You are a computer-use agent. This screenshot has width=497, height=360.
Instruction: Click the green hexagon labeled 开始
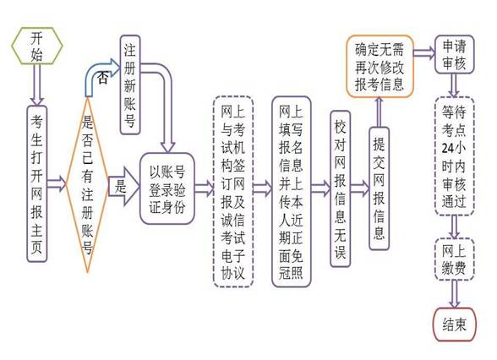pyautogui.click(x=37, y=46)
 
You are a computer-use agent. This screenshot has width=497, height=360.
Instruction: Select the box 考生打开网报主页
pyautogui.click(x=37, y=184)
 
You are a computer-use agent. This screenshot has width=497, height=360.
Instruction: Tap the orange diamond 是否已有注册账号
pyautogui.click(x=87, y=184)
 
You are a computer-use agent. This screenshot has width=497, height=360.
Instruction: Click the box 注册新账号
pyautogui.click(x=130, y=85)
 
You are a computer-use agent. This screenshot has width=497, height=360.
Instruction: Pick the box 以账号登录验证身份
pyautogui.click(x=167, y=189)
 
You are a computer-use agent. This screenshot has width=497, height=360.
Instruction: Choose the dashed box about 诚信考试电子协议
pyautogui.click(x=233, y=192)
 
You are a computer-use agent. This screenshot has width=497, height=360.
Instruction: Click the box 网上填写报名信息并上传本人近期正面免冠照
pyautogui.click(x=292, y=192)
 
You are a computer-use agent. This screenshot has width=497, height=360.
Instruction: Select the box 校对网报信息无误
pyautogui.click(x=340, y=189)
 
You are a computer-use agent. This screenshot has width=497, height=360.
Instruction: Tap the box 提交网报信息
pyautogui.click(x=379, y=189)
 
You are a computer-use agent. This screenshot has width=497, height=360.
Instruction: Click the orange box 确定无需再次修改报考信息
pyautogui.click(x=380, y=67)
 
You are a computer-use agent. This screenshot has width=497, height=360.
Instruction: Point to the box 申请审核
pyautogui.click(x=454, y=54)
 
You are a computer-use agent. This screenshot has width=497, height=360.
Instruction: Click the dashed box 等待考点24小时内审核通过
pyautogui.click(x=454, y=156)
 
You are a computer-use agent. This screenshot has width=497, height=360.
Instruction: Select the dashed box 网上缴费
pyautogui.click(x=454, y=259)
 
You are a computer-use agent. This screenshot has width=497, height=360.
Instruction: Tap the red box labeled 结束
pyautogui.click(x=454, y=325)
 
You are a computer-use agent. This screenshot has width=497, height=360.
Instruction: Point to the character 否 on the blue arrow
pyautogui.click(x=103, y=77)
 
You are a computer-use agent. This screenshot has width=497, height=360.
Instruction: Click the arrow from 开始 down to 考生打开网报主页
pyautogui.click(x=37, y=85)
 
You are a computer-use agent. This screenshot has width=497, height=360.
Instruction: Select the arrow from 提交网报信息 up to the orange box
pyautogui.click(x=380, y=112)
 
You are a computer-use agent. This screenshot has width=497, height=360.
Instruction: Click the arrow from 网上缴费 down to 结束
pyautogui.click(x=454, y=294)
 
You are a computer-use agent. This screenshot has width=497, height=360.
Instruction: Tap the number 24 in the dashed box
pyautogui.click(x=448, y=149)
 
